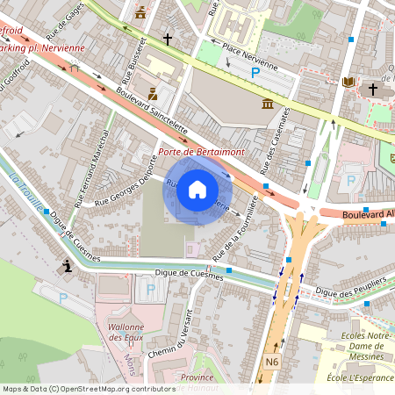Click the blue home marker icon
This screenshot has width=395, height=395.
tap(197, 189)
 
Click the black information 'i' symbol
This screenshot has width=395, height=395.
tap(65, 266)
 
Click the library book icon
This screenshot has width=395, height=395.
tap(349, 83)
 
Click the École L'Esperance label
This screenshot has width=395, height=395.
tap(359, 377)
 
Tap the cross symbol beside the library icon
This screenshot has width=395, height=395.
tap(372, 89)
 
